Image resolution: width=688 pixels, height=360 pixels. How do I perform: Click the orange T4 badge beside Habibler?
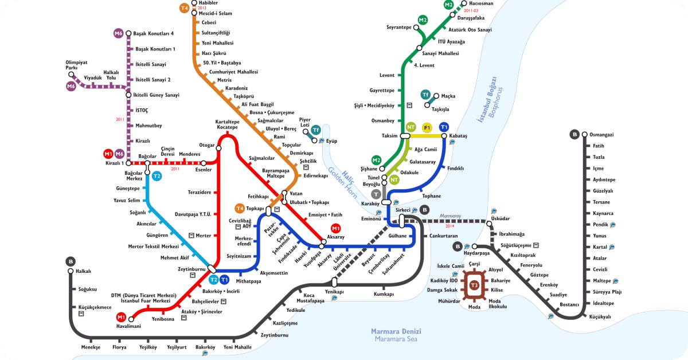click(184, 8)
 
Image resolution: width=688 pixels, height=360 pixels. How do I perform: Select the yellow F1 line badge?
click(427, 127)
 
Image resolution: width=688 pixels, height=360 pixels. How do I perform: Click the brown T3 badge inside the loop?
click(474, 285)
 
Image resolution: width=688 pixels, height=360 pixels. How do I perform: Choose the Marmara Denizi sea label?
click(396, 332)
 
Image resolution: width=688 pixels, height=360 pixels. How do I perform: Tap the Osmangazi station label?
click(601, 135)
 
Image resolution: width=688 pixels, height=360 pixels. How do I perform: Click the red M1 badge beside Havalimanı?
click(121, 317)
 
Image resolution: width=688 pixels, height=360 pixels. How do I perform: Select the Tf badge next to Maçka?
click(425, 95)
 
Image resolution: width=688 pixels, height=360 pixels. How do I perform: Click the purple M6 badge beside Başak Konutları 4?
click(118, 34)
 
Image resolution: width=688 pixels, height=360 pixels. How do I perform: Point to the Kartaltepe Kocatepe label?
click(227, 124)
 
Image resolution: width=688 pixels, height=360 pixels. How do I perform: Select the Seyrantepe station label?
click(399, 27)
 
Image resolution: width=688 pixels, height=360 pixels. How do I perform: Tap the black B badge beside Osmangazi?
click(574, 134)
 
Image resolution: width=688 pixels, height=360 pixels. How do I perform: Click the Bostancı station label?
click(569, 304)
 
